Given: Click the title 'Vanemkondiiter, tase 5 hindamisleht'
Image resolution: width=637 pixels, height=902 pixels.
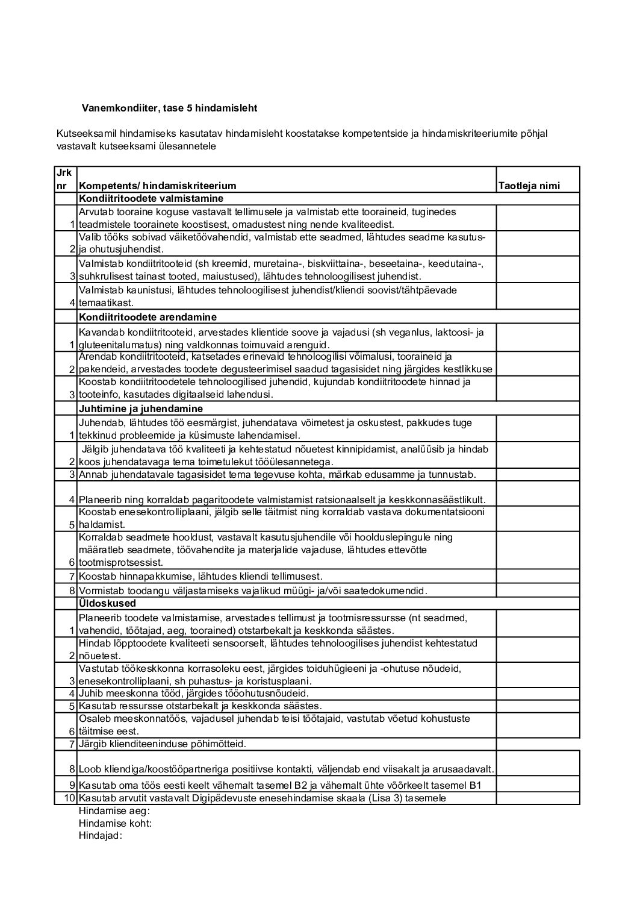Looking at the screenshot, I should [x=169, y=108].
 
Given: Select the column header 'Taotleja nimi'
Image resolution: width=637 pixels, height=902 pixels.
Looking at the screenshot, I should [x=529, y=186].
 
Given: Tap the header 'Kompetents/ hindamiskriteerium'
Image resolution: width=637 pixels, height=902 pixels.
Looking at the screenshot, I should [x=158, y=186].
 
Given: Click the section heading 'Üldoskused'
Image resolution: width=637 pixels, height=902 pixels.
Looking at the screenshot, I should [x=107, y=603].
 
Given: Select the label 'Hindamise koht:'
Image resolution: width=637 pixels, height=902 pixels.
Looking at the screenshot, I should [x=114, y=823].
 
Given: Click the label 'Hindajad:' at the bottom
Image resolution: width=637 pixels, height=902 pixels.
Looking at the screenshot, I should [x=100, y=836].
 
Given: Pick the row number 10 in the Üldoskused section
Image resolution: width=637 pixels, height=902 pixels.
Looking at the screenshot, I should [x=69, y=798].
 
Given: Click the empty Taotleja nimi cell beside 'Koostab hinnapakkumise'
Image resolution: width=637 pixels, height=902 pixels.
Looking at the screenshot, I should [x=537, y=577].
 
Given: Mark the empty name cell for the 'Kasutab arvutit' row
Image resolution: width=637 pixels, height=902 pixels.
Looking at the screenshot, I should [x=537, y=798].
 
